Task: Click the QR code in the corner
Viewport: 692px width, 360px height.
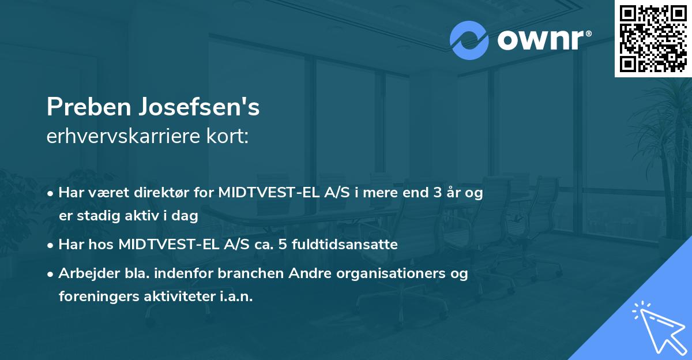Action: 653,38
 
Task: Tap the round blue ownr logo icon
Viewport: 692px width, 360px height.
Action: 469,40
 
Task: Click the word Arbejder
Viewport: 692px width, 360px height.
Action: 85,273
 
